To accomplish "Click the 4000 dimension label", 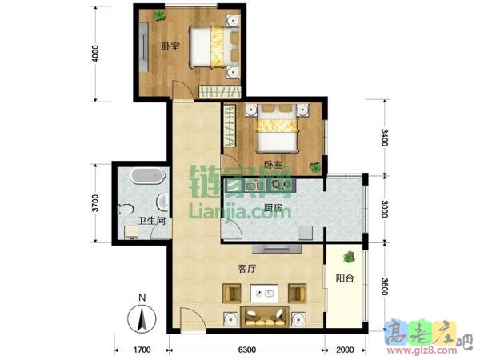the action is click(96, 54).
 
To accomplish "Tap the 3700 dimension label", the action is click(96, 202).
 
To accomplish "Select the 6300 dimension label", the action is click(246, 350).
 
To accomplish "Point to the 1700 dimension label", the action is click(142, 350).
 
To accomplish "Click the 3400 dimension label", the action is click(385, 138).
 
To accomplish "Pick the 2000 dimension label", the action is click(345, 350).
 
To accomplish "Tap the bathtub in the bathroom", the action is click(148, 176).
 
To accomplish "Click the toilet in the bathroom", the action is click(126, 210).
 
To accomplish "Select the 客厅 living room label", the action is click(246, 269).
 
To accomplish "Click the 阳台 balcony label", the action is click(345, 278).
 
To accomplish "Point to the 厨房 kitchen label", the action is click(273, 208).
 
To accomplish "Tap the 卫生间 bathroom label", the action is click(152, 221).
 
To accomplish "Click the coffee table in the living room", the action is click(264, 294).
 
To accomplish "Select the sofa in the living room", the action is click(265, 317).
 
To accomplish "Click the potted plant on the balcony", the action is click(349, 257).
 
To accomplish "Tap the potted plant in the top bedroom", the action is click(159, 15).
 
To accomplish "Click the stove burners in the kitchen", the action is click(282, 185).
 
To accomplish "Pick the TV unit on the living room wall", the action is click(277, 249).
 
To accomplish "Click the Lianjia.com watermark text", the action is click(240, 211).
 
